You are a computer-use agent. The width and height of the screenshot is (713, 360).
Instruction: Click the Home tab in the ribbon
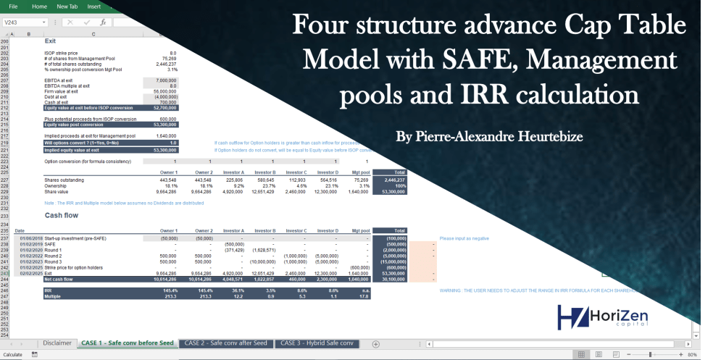click(40, 7)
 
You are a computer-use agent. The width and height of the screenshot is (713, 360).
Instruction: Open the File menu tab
click(13, 7)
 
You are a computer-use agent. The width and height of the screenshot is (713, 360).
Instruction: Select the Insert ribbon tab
click(93, 7)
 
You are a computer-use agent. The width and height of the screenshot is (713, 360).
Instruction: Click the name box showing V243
click(22, 22)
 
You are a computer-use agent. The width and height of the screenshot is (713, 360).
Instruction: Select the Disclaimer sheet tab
click(57, 343)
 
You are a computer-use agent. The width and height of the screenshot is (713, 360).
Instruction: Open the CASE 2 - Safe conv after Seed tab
click(225, 343)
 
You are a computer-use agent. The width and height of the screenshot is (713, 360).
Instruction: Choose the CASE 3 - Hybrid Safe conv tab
click(317, 343)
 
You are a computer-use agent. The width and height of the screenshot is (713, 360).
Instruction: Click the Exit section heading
click(50, 41)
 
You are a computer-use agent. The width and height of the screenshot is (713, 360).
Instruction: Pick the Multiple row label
click(53, 296)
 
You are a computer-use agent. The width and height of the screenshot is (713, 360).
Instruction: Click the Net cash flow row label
click(58, 278)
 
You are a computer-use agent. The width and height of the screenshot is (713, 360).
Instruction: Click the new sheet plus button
click(375, 343)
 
